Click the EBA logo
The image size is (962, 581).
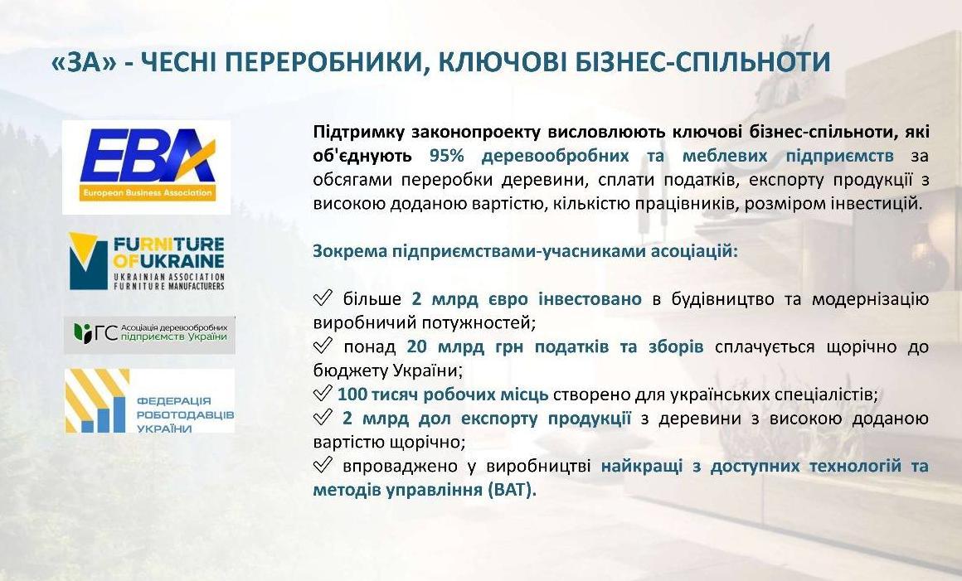pyautogui.click(x=147, y=167)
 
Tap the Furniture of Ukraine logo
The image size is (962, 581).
pyautogui.click(x=147, y=261)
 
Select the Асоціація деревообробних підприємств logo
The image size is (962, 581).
pyautogui.click(x=150, y=335)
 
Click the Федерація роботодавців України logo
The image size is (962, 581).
pyautogui.click(x=150, y=401)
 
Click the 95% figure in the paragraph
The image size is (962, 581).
pyautogui.click(x=447, y=156)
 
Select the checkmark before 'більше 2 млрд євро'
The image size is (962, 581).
pyautogui.click(x=323, y=298)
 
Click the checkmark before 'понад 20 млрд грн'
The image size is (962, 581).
pyautogui.click(x=323, y=346)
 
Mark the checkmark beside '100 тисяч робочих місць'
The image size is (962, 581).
pyautogui.click(x=323, y=394)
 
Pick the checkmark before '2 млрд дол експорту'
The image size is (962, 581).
pyautogui.click(x=323, y=418)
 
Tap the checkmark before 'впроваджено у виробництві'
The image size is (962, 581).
pyautogui.click(x=323, y=465)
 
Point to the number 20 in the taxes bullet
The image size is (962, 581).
pyautogui.click(x=416, y=347)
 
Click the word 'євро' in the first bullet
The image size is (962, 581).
pyautogui.click(x=508, y=300)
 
